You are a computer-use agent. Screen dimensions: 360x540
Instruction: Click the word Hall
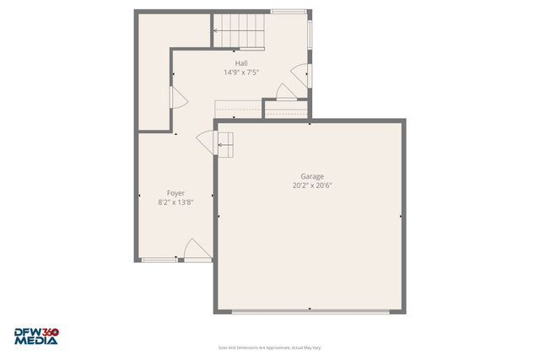tap(241, 63)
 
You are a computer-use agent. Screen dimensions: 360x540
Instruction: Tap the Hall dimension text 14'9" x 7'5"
tap(241, 73)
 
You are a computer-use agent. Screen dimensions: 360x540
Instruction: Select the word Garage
tap(308, 176)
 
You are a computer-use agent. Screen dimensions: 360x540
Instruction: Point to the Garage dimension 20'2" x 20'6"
tap(308, 185)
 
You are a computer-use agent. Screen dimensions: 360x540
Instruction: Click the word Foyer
tap(175, 193)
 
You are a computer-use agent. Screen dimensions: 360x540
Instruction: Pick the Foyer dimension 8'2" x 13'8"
tap(175, 202)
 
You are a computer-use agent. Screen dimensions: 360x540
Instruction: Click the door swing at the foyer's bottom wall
tap(195, 250)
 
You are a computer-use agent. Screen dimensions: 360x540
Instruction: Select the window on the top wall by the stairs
tap(283, 11)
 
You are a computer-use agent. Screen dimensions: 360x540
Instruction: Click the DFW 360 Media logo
tap(37, 336)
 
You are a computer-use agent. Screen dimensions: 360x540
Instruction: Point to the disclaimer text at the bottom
tap(269, 347)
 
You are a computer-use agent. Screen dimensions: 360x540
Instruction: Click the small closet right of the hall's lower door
tap(286, 109)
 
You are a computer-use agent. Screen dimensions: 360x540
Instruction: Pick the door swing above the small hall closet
tap(286, 94)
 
